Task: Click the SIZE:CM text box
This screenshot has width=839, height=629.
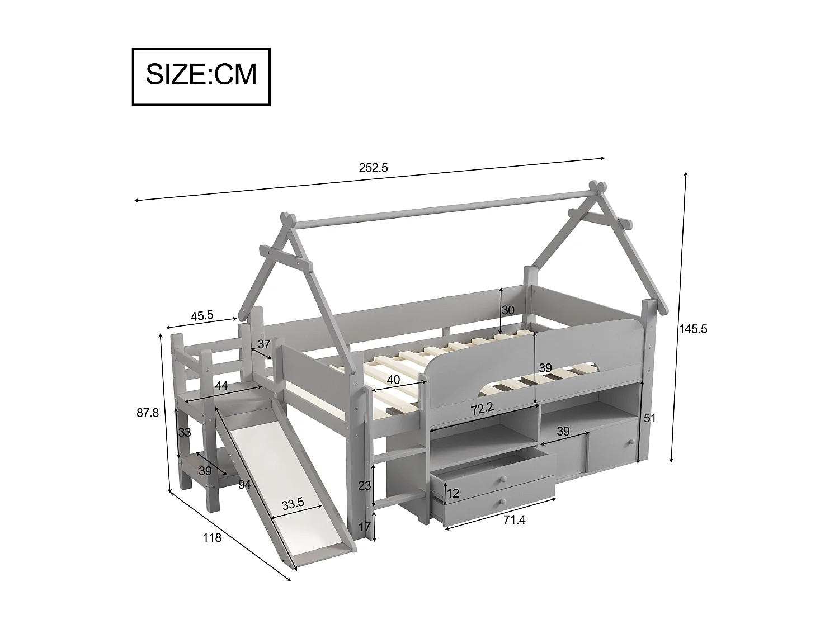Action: click(201, 77)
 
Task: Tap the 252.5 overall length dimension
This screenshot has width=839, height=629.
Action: click(373, 167)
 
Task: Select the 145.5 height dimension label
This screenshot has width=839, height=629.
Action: click(693, 329)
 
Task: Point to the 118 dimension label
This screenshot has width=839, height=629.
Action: click(212, 538)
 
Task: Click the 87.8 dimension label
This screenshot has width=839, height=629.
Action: click(148, 413)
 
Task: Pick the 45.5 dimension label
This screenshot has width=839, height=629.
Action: click(202, 315)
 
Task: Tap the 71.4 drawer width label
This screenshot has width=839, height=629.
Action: click(514, 520)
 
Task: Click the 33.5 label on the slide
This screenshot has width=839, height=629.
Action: click(293, 503)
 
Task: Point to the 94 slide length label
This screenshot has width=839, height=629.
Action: click(244, 485)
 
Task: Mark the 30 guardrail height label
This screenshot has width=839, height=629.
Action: click(507, 310)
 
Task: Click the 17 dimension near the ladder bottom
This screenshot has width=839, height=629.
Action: click(364, 526)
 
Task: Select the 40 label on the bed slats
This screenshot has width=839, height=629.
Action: click(393, 380)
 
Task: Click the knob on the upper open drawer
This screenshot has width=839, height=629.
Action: click(504, 479)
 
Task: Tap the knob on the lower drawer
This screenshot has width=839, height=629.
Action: click(504, 501)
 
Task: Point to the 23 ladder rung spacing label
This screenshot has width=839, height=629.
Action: click(364, 485)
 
